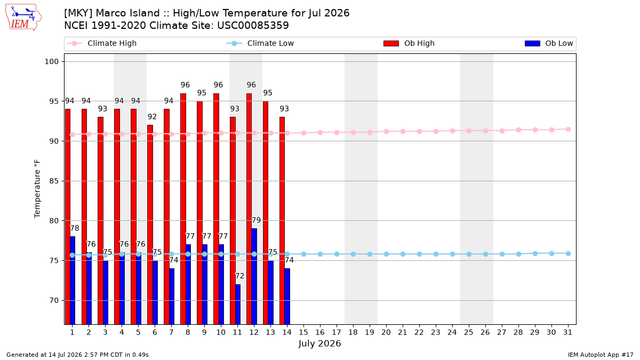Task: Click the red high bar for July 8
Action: [183, 209]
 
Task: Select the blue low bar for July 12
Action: [254, 276]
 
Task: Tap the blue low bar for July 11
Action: [237, 305]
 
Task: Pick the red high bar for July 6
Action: [150, 225]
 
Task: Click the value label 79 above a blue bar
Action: [256, 220]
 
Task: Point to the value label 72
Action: [239, 276]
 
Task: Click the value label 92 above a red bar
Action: [152, 117]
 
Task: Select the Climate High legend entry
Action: [102, 43]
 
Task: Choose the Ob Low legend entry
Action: [549, 43]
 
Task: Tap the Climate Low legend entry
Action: [260, 43]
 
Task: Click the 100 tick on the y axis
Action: [51, 62]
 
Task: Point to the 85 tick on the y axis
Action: [54, 181]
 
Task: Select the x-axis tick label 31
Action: [567, 332]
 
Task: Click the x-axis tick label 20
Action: [386, 332]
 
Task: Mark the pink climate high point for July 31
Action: [569, 130]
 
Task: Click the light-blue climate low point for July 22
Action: [419, 254]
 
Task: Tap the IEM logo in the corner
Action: [23, 18]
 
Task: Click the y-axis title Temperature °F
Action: [37, 189]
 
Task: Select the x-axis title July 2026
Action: [319, 343]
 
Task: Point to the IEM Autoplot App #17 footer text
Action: [601, 355]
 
